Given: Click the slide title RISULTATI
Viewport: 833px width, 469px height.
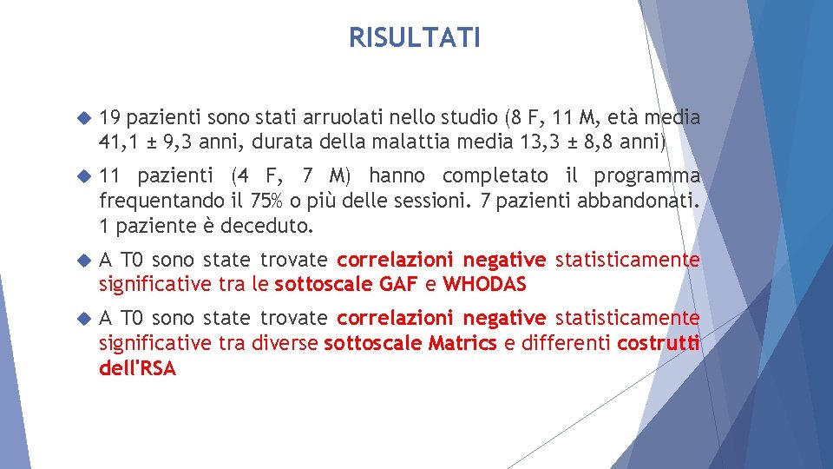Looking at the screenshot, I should click(414, 38).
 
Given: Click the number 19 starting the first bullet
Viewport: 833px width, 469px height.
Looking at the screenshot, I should click(109, 118).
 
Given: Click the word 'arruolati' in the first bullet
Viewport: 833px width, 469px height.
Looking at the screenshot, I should click(323, 118).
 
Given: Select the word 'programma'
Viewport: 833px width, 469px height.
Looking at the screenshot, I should click(652, 176).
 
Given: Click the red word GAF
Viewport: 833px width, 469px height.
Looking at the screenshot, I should click(398, 284).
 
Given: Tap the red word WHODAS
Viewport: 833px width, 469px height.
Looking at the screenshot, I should click(484, 284).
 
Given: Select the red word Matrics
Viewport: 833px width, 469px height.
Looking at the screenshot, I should click(462, 344).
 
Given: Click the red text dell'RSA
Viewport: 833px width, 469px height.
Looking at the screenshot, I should click(138, 369).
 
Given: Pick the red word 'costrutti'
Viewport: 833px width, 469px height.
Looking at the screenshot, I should click(658, 344).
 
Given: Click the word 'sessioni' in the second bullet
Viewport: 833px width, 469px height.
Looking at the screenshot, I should click(434, 201).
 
